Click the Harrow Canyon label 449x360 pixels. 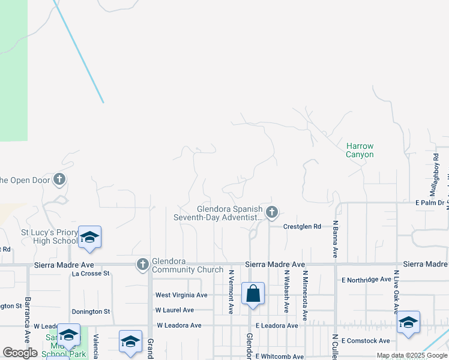360,150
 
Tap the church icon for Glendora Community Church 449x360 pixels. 143,263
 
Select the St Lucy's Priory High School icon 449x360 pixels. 89,237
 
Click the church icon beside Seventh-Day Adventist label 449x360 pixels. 272,212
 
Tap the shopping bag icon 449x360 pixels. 253,294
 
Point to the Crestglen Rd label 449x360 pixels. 303,226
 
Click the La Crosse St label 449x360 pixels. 91,273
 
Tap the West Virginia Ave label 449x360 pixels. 181,295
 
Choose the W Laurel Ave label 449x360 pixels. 174,310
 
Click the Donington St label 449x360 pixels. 91,312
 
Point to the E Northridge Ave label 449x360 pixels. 366,280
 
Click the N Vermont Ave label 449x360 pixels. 231,291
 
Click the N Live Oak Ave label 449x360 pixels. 396,292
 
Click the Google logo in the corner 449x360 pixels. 20,353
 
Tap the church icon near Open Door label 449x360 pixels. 59,179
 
